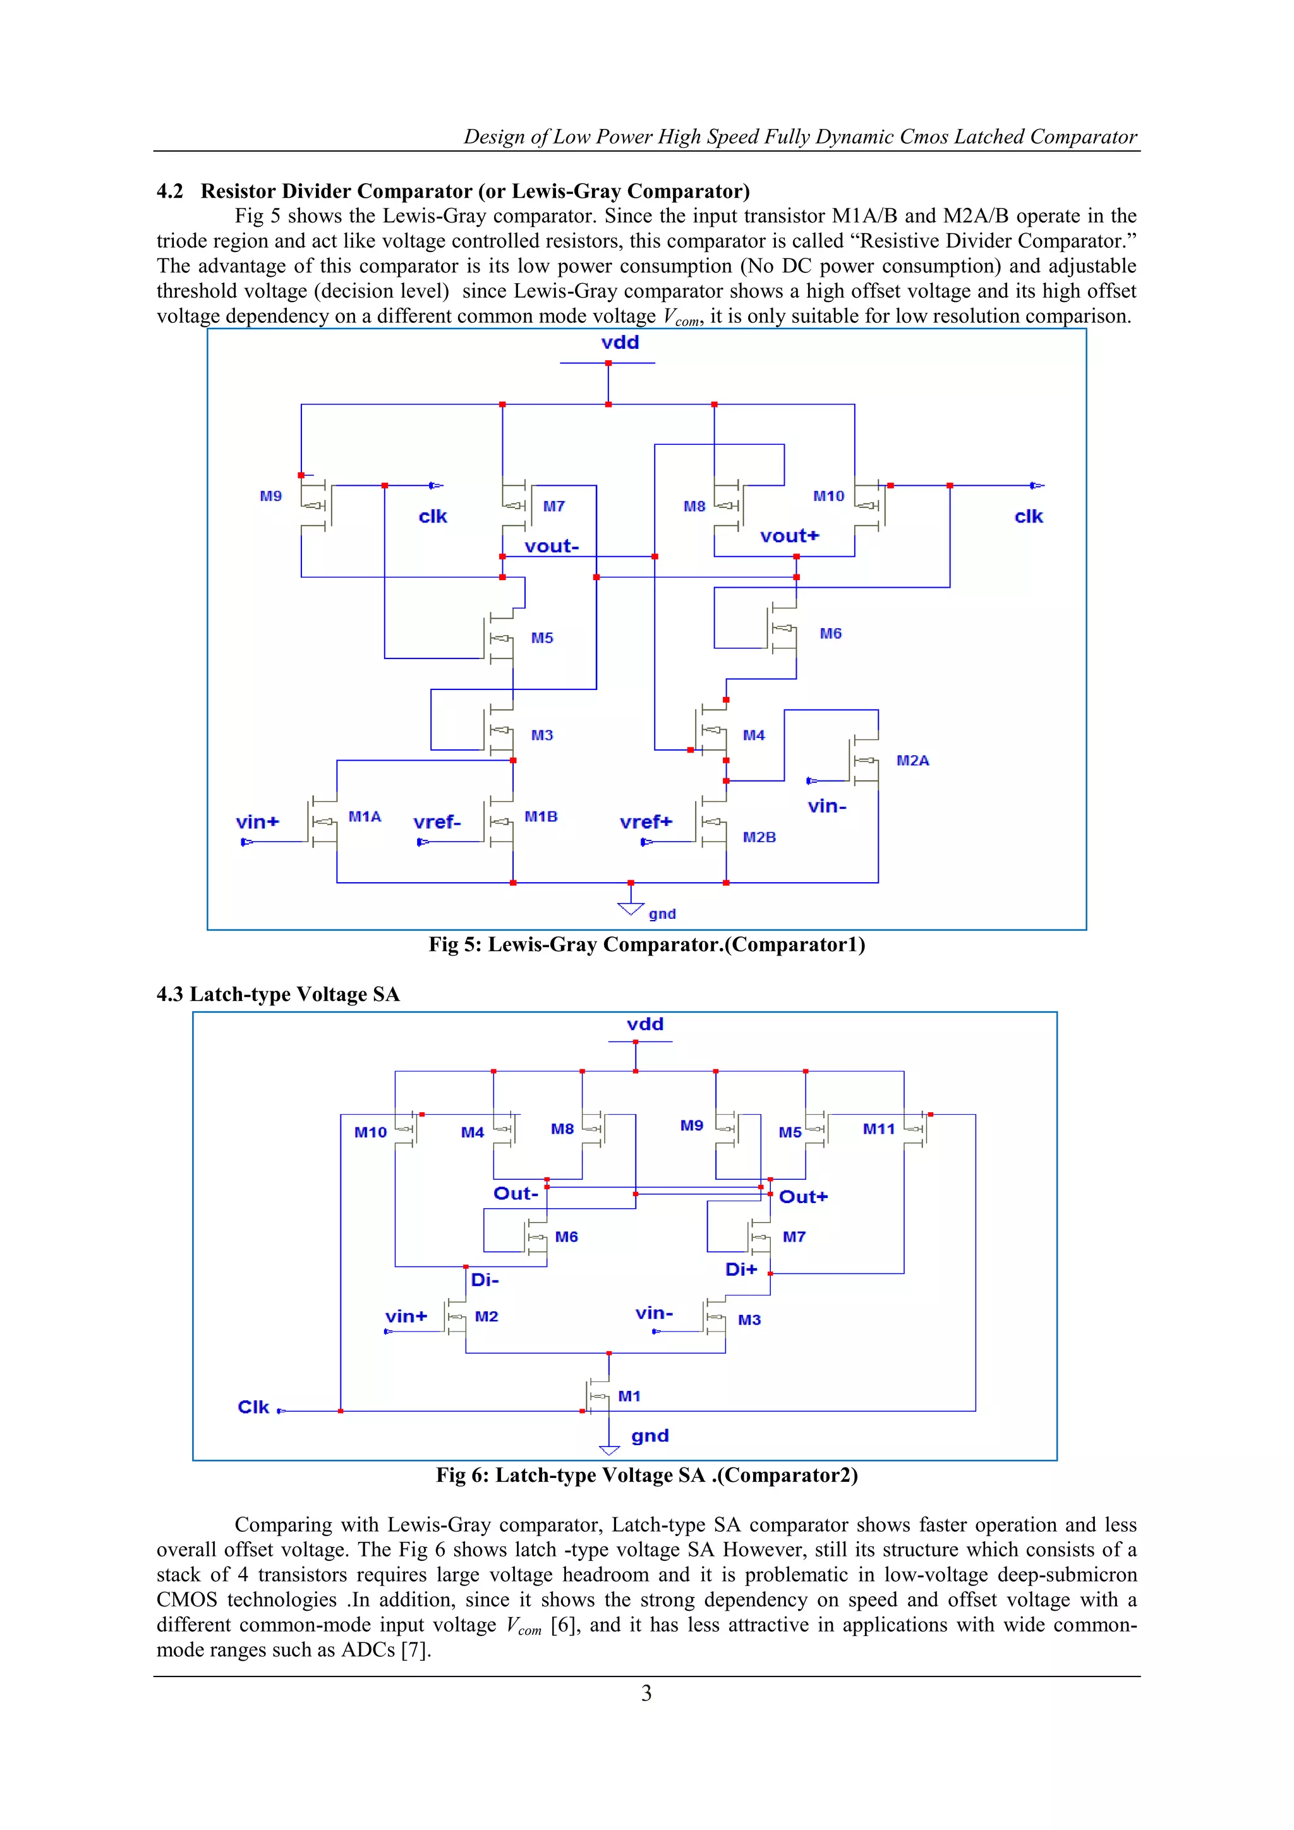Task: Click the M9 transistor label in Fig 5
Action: point(271,496)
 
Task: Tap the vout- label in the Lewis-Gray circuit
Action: point(552,547)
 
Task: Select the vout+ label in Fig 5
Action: point(789,536)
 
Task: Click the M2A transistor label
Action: point(912,760)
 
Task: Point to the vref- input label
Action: point(437,821)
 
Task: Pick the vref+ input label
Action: point(645,821)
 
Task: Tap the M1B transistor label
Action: point(540,816)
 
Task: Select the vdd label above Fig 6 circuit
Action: point(644,1024)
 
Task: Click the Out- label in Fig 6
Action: point(516,1193)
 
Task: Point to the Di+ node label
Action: point(741,1269)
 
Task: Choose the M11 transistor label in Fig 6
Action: point(878,1129)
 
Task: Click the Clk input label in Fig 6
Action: point(253,1407)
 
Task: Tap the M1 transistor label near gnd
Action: point(629,1396)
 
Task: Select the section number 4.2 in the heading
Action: point(170,191)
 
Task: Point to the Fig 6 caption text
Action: point(646,1476)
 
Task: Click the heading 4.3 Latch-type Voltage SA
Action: point(278,994)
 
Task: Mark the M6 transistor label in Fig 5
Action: point(830,634)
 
